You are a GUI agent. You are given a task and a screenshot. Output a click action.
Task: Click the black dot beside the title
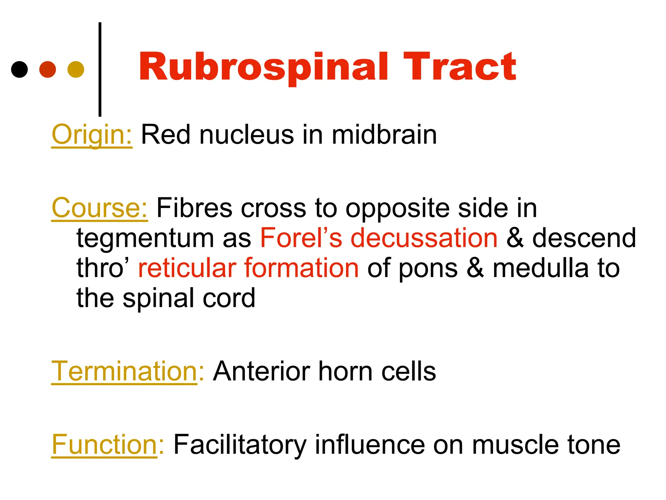[x=20, y=69]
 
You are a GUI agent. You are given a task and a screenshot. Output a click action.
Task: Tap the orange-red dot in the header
[x=47, y=69]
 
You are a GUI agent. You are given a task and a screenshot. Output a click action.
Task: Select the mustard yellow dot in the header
[x=76, y=69]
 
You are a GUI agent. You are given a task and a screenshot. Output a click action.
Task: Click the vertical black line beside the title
[x=100, y=69]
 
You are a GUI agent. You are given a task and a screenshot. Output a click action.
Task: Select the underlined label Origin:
[x=92, y=135]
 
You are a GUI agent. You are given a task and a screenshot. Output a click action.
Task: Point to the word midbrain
[x=384, y=135]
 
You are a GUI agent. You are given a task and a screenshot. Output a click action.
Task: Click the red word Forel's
[x=301, y=238]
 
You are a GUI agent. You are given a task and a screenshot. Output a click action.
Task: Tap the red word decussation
[x=424, y=238]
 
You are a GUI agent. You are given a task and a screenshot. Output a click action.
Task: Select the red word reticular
[x=187, y=268]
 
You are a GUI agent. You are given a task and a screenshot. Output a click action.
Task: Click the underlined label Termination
[x=124, y=371]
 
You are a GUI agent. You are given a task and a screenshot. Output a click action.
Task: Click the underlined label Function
[x=104, y=444]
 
